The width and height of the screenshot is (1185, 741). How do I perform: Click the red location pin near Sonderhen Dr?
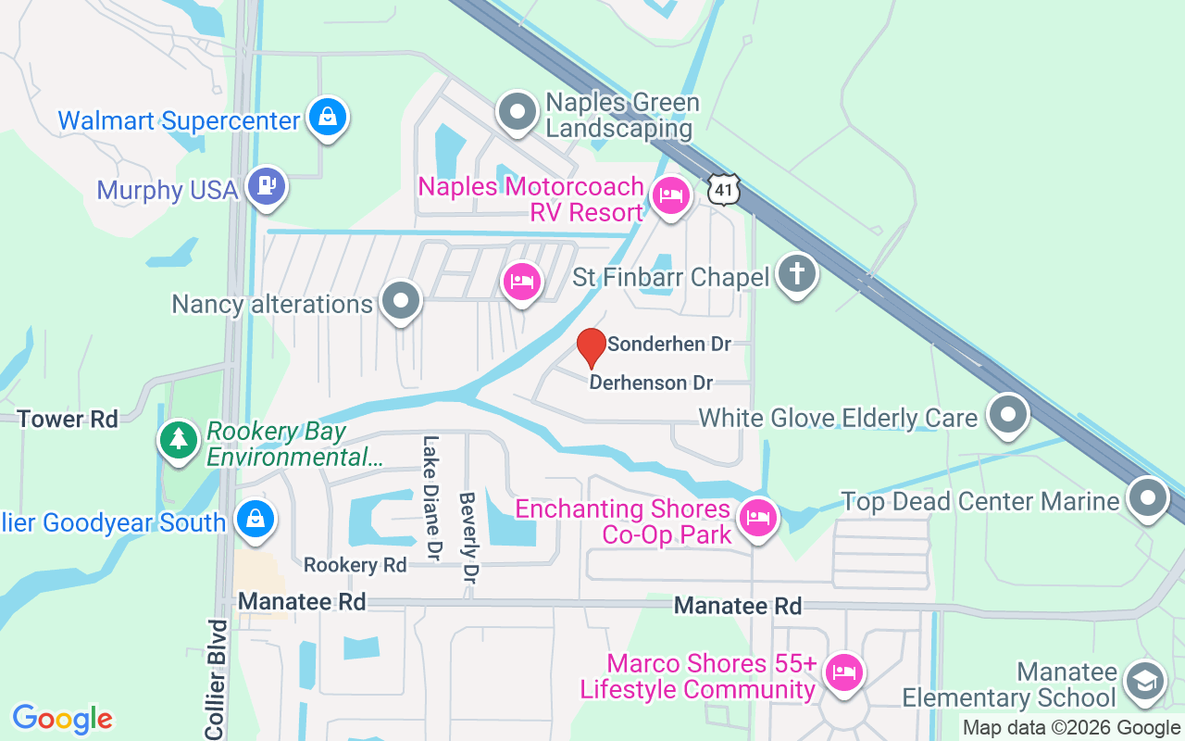tap(592, 347)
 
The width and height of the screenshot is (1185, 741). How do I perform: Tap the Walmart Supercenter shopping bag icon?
tap(327, 117)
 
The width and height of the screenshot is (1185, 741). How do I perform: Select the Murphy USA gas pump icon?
tap(268, 185)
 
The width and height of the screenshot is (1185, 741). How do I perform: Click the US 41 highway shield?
tap(723, 189)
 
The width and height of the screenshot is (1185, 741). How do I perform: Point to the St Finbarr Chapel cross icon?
tap(796, 273)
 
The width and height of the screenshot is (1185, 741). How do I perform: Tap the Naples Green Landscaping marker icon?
tap(518, 113)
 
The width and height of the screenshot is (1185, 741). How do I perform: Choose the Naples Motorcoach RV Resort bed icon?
tap(669, 195)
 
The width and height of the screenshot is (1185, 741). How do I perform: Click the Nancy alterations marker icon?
tap(401, 301)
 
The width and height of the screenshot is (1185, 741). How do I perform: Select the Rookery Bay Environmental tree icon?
tap(179, 437)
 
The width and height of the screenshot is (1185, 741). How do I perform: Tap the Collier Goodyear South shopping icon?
tap(254, 518)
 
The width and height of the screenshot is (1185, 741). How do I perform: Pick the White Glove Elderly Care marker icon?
tap(1008, 414)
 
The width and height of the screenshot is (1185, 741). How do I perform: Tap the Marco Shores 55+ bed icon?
tap(842, 670)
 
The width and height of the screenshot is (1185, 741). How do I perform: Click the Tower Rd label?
tap(69, 420)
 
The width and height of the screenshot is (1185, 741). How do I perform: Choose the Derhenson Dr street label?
tap(651, 383)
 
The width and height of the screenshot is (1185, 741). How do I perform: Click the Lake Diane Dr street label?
tap(430, 498)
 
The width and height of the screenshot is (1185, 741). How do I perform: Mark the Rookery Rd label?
tap(355, 565)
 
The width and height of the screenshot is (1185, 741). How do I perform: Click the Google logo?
tap(63, 719)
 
